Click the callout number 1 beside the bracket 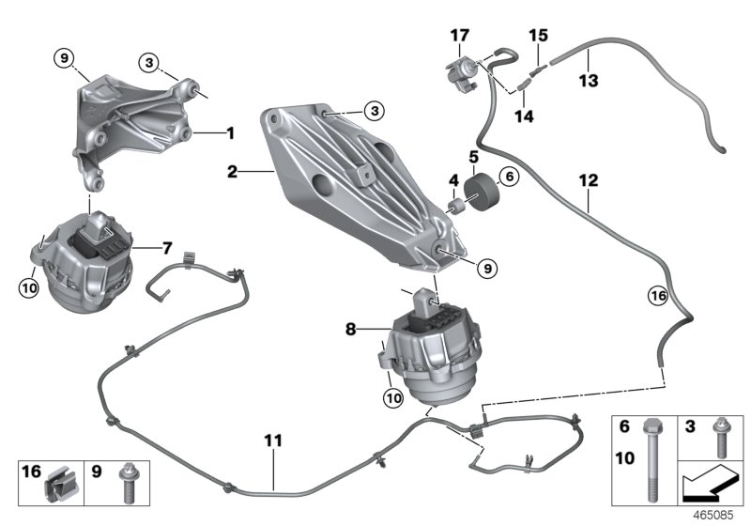coord(229,133)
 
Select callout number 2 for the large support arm coord(230,172)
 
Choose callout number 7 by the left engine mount coord(166,248)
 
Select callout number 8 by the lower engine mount coord(350,330)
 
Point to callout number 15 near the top coord(537,36)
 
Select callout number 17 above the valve coord(459,36)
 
